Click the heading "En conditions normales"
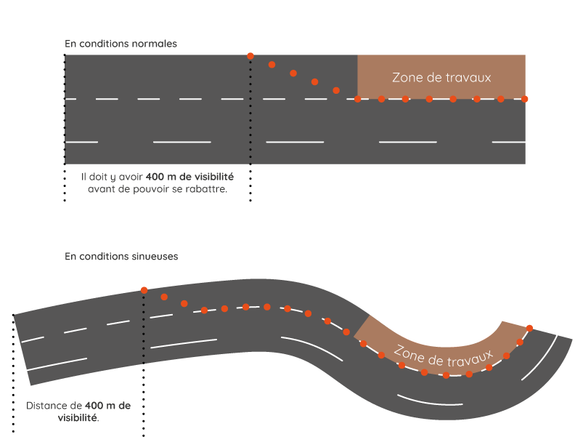pyautogui.click(x=121, y=44)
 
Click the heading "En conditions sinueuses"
pyautogui.click(x=121, y=257)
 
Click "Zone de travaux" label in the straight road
pyautogui.click(x=441, y=77)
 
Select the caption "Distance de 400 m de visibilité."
pyautogui.click(x=78, y=412)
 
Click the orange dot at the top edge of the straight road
pyautogui.click(x=250, y=56)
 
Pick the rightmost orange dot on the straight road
pyautogui.click(x=525, y=99)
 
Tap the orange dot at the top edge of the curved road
pyautogui.click(x=144, y=290)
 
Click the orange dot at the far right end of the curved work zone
pyautogui.click(x=529, y=328)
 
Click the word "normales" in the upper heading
pyautogui.click(x=154, y=44)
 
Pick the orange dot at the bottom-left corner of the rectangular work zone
pyautogui.click(x=358, y=99)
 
